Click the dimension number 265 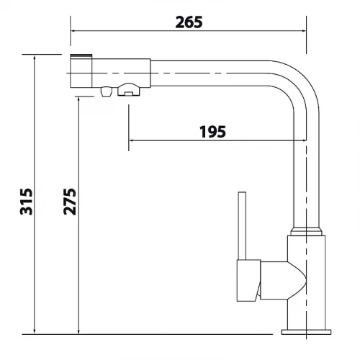(x=189, y=22)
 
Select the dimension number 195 (x=212, y=132)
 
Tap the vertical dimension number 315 (x=26, y=202)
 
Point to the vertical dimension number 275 (x=70, y=202)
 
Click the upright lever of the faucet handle (x=242, y=225)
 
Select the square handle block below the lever (x=249, y=280)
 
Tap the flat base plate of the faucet (x=306, y=332)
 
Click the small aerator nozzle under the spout (x=107, y=91)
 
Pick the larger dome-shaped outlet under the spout (x=128, y=89)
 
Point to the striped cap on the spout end (x=81, y=56)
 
